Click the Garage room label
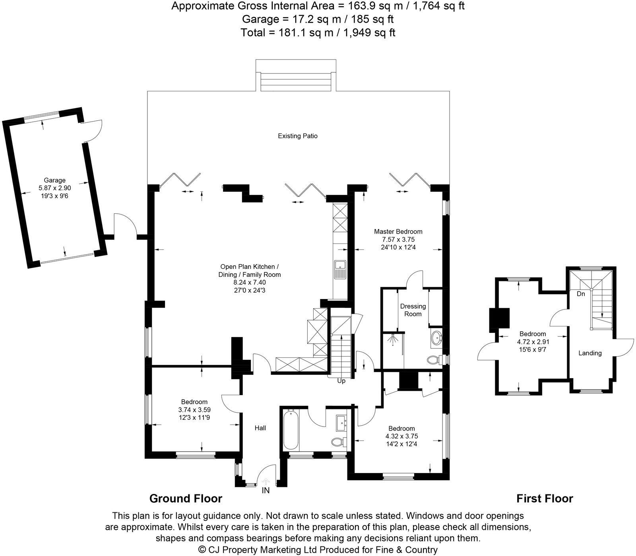coord(54,180)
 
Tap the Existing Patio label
coord(297,136)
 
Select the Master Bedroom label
coord(398,232)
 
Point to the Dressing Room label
coord(413,310)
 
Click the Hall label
coord(260,428)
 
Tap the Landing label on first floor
coord(590,353)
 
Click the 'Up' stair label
coord(341,381)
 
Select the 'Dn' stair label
coord(581,294)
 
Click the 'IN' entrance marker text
coord(266,491)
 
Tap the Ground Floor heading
coord(186,498)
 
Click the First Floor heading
coord(545,498)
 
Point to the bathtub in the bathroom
coord(290,430)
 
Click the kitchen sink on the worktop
coord(340,269)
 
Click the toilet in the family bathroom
coord(337,442)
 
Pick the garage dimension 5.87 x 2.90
coord(54,188)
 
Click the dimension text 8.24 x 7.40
coord(249,282)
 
